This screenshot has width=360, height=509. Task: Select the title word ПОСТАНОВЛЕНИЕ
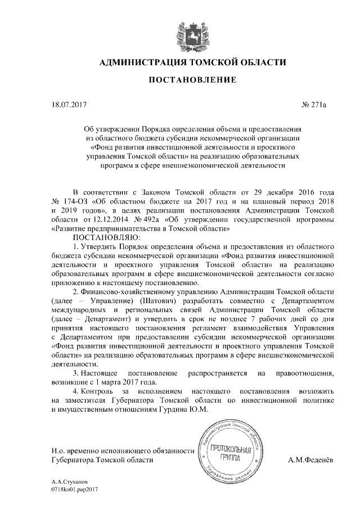[191, 81]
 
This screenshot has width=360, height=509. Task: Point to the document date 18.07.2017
[66, 105]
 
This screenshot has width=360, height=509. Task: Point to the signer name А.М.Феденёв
[310, 460]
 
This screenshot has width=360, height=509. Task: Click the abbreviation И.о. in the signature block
[57, 451]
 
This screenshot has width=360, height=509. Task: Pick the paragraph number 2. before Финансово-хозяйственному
[76, 292]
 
